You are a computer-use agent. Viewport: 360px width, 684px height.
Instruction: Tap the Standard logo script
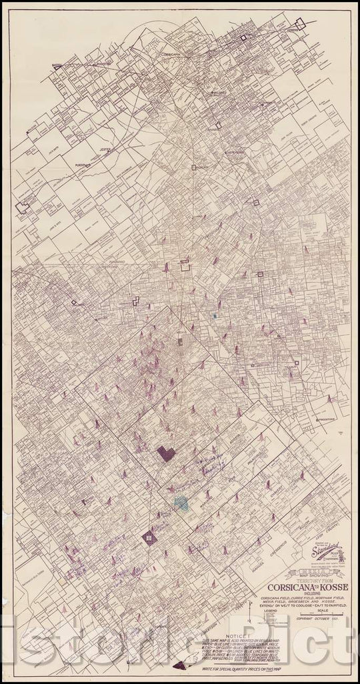(x=322, y=551)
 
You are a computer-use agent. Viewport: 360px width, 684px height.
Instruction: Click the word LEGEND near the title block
(x=271, y=609)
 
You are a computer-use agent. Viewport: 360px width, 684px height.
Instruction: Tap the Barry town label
(x=57, y=66)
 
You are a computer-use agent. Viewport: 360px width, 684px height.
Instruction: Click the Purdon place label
(x=82, y=163)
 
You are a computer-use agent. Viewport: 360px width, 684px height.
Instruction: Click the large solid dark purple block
(x=166, y=453)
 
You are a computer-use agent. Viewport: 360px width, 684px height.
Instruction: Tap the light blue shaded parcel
(x=181, y=503)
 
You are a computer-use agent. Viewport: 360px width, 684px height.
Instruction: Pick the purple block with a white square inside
(x=150, y=537)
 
